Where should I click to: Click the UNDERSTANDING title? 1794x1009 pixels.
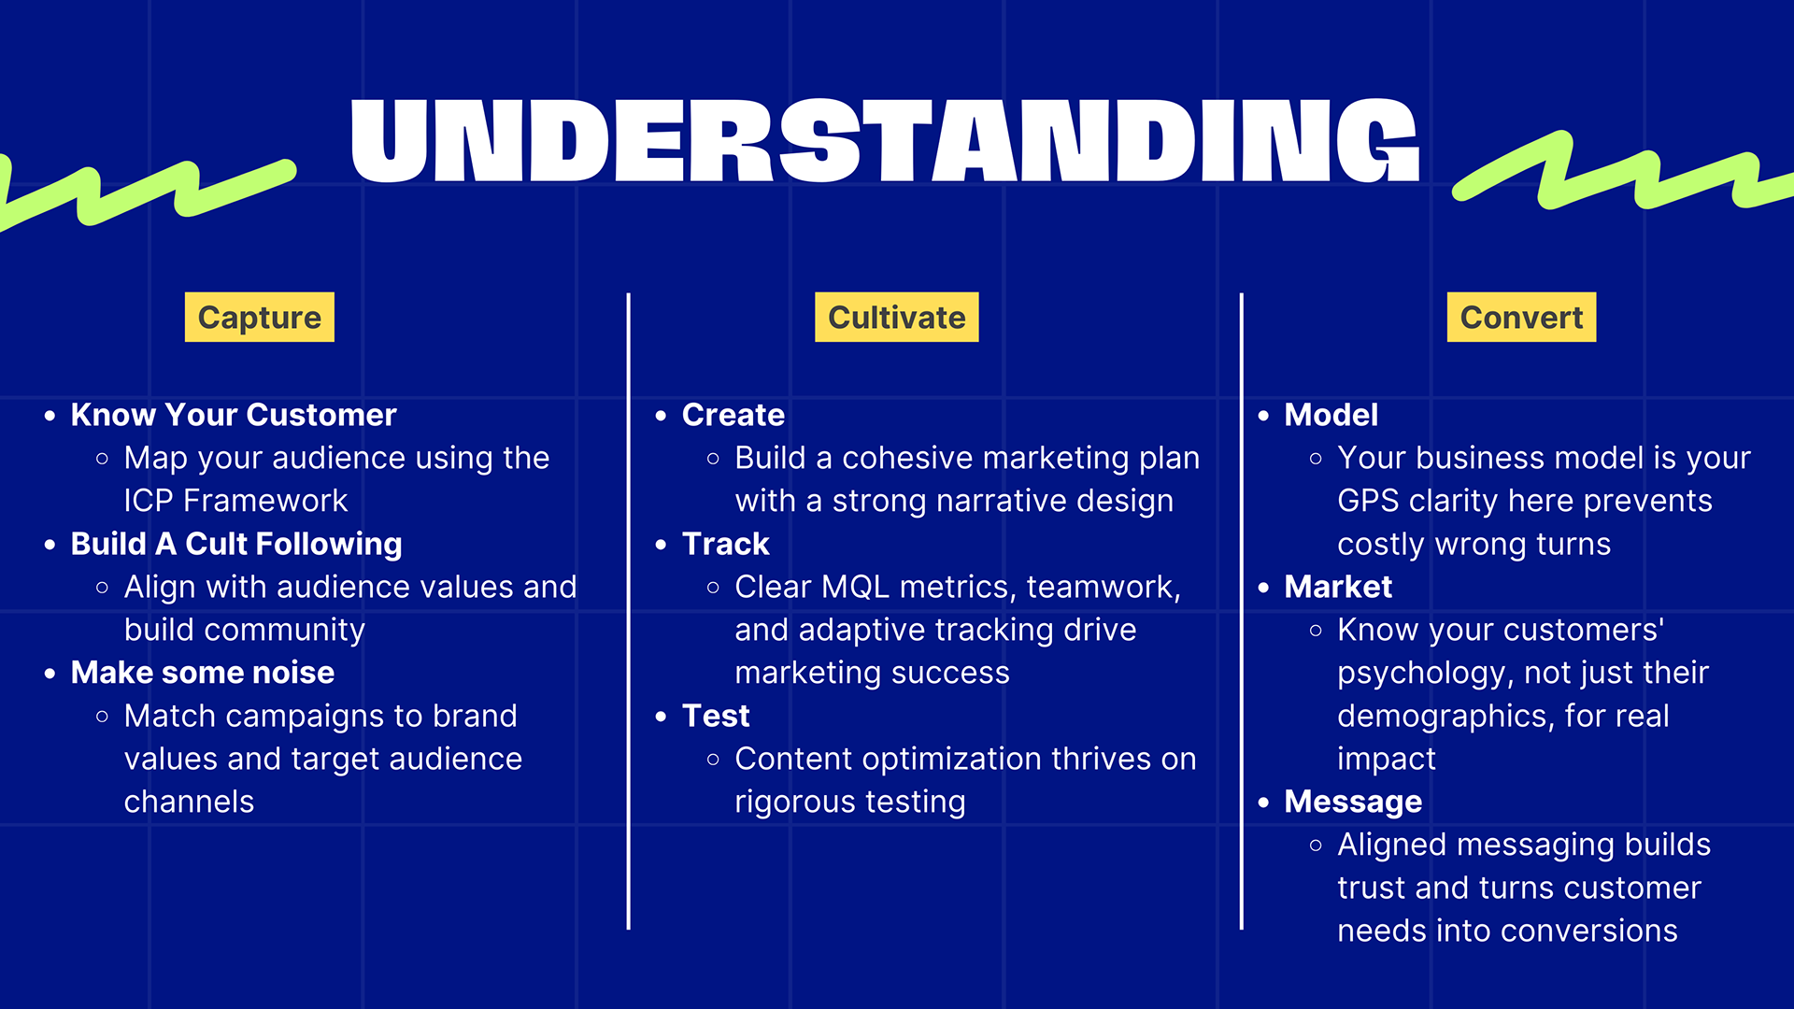885,140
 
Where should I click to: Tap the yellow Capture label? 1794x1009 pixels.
260,318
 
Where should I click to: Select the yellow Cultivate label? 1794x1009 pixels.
897,318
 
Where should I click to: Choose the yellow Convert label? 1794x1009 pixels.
1521,318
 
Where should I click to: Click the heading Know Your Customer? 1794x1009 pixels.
234,415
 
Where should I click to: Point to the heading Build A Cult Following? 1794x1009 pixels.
236,544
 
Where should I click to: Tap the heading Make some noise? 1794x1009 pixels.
203,673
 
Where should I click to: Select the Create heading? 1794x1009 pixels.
733,415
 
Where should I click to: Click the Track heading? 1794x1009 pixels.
726,544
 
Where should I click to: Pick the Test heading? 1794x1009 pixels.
716,716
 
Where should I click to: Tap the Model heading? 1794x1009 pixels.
1331,415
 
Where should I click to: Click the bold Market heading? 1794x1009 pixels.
1338,587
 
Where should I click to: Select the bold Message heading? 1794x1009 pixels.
1353,802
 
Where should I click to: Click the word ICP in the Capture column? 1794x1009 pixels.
149,501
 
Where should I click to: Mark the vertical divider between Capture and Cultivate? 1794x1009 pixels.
629,611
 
